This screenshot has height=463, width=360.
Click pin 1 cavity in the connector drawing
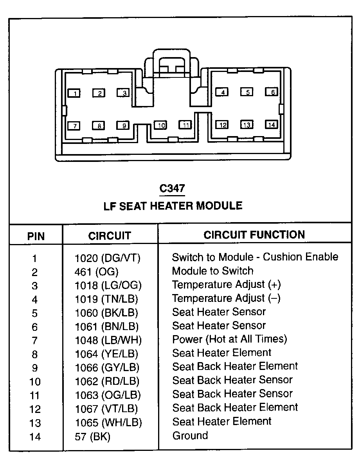click(x=74, y=93)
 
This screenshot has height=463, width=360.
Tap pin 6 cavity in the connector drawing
click(x=272, y=92)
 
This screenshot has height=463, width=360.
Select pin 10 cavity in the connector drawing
click(x=160, y=125)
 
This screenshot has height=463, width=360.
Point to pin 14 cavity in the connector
click(x=272, y=125)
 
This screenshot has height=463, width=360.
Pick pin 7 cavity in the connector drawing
click(x=74, y=126)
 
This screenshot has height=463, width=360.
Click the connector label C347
click(x=172, y=188)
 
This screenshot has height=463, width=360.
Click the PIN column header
click(x=36, y=236)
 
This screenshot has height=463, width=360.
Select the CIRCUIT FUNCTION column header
click(x=254, y=235)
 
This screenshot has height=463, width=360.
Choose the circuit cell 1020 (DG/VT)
click(x=108, y=258)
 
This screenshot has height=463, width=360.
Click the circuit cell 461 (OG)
click(x=96, y=271)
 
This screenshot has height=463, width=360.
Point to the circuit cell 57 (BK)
click(x=92, y=436)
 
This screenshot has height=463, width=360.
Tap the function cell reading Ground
click(x=190, y=435)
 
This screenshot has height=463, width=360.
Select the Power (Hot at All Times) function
click(x=229, y=339)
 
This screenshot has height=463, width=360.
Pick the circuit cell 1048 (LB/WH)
click(x=108, y=340)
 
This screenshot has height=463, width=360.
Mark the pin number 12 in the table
click(x=35, y=409)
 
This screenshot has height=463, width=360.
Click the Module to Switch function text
click(x=212, y=271)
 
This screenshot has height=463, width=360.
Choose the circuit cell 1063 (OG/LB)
click(x=108, y=395)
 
